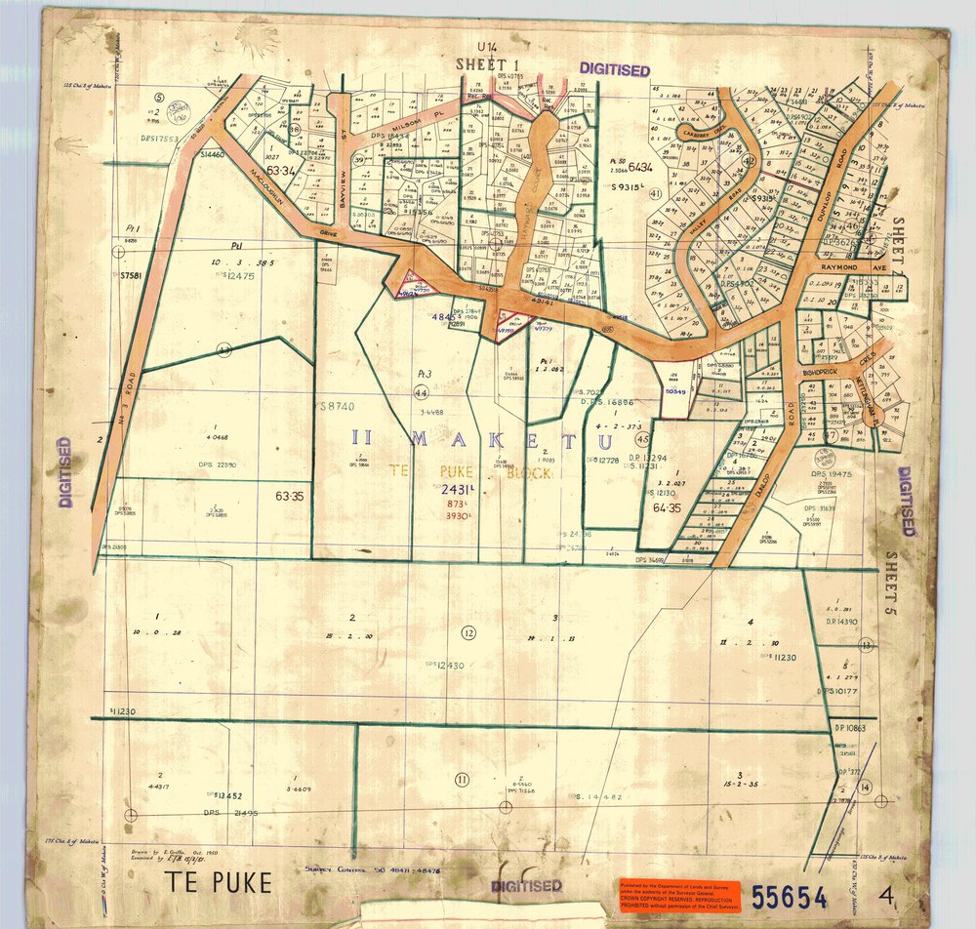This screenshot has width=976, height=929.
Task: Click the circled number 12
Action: (x=468, y=633)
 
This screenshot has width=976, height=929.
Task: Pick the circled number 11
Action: (x=463, y=778)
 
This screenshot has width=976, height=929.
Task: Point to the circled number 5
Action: (x=159, y=97)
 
